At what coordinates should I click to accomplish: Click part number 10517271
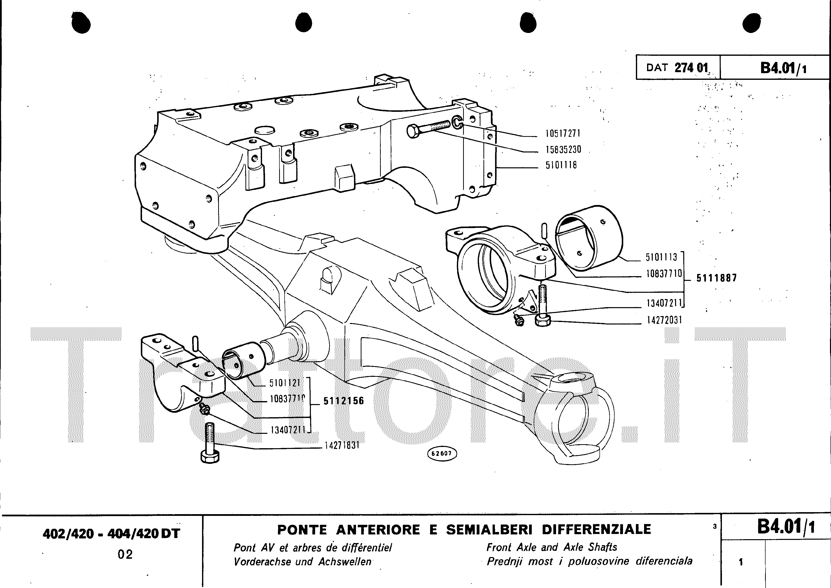[x=563, y=134]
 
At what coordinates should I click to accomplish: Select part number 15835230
[x=563, y=149]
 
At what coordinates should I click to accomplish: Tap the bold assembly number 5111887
[x=716, y=278]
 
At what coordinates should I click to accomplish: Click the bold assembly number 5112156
[x=343, y=401]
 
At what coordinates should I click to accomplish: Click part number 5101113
[x=661, y=257]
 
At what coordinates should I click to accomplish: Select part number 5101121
[x=285, y=383]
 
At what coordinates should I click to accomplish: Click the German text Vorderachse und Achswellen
[x=303, y=561]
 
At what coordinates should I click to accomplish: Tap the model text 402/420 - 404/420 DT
[x=111, y=534]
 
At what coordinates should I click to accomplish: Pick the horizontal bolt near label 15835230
[x=427, y=129]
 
